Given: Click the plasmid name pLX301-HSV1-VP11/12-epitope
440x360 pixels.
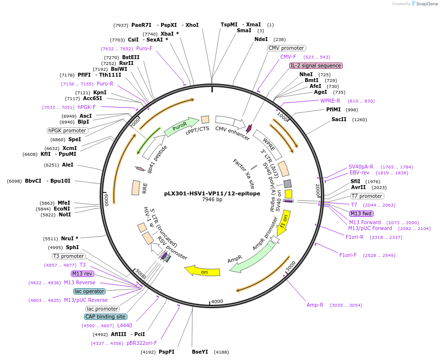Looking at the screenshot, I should pyautogui.click(x=212, y=193).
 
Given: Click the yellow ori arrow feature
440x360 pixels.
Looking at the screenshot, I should pyautogui.click(x=202, y=270).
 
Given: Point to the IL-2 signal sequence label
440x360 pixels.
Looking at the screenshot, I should pyautogui.click(x=316, y=65).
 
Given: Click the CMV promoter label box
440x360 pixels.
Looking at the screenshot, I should pyautogui.click(x=287, y=48).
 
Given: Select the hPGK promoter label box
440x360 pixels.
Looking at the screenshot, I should pyautogui.click(x=68, y=130).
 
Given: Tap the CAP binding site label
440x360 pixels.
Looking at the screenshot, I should pyautogui.click(x=105, y=317).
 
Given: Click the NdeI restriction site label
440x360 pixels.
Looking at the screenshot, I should pyautogui.click(x=261, y=40).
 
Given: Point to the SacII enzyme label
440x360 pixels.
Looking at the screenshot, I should pyautogui.click(x=339, y=120).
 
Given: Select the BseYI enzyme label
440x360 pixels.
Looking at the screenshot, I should pyautogui.click(x=200, y=352).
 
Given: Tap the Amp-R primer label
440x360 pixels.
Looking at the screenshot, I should pyautogui.click(x=315, y=305).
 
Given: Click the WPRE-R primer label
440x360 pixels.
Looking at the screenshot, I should pyautogui.click(x=330, y=101).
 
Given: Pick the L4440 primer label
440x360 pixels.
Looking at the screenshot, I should pyautogui.click(x=125, y=325).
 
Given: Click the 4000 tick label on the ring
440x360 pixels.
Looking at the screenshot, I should pyautogui.click(x=217, y=301).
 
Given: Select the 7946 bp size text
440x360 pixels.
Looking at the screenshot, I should pyautogui.click(x=212, y=200).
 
